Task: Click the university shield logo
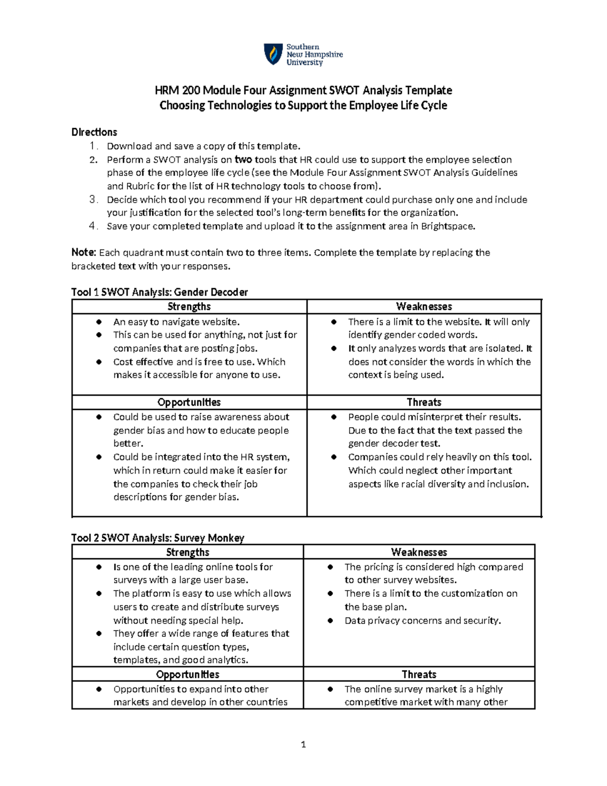tap(273, 54)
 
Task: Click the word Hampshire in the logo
tap(324, 55)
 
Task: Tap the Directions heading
tap(94, 132)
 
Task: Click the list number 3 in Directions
tap(93, 199)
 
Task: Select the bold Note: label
tap(83, 253)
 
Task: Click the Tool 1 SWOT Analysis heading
tap(159, 292)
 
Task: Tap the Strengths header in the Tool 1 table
tap(189, 307)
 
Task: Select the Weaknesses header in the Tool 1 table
tap(424, 307)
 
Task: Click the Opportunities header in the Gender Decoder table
tap(189, 402)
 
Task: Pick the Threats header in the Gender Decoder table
tap(424, 402)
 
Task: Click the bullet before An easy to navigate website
tap(100, 322)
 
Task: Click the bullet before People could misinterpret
tap(334, 417)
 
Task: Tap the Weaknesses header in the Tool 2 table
tap(419, 552)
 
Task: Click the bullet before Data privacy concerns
tap(330, 620)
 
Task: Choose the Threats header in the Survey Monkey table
tap(419, 674)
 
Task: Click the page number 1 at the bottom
tap(303, 744)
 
